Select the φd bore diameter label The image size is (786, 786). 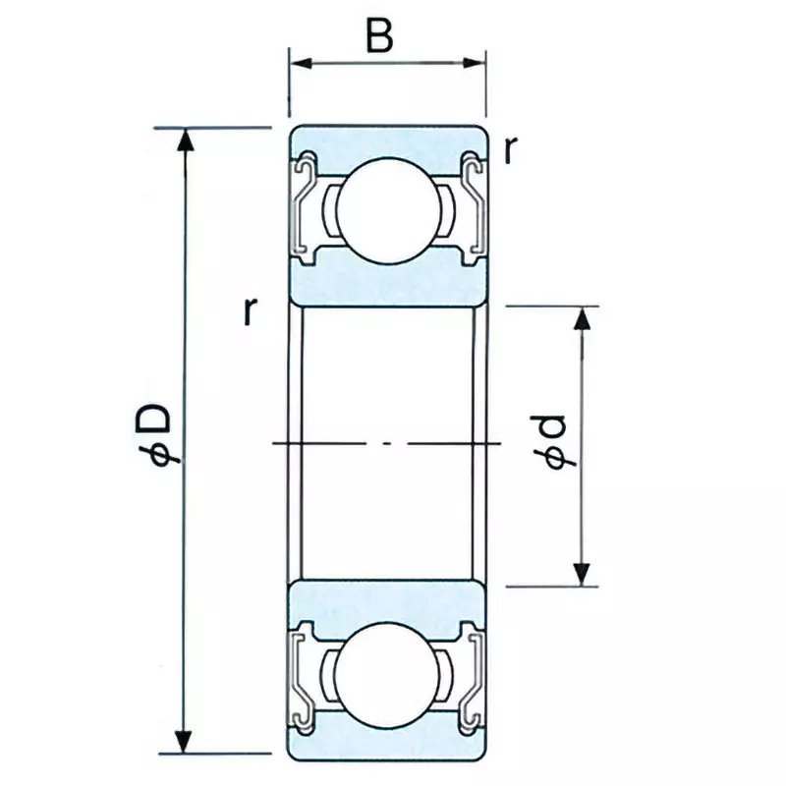[x=549, y=443]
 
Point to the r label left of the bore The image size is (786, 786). [x=252, y=310]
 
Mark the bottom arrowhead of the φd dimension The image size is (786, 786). [x=584, y=574]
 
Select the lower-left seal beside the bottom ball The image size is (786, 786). [x=304, y=678]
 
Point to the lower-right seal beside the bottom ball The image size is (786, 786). [x=473, y=678]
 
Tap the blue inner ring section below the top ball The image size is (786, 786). [x=387, y=280]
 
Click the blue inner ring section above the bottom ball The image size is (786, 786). [x=387, y=601]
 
